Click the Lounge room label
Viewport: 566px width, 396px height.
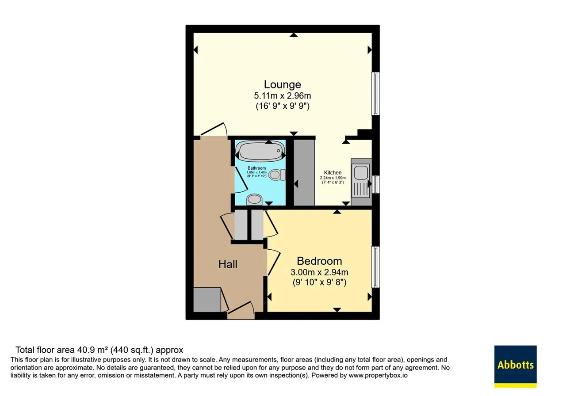tap(283, 84)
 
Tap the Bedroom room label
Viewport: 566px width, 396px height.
tap(319, 261)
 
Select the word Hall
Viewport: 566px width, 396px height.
tap(228, 264)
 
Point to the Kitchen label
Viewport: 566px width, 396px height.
tap(333, 172)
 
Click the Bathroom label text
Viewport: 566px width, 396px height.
tap(256, 168)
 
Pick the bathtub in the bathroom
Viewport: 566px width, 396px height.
tap(260, 151)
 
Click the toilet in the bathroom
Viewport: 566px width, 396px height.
tap(277, 175)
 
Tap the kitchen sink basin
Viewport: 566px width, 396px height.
tap(361, 172)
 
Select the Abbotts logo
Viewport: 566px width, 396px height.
tap(516, 366)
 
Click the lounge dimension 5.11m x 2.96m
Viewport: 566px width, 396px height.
tap(283, 96)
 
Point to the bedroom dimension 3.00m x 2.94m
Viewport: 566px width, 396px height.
tap(319, 272)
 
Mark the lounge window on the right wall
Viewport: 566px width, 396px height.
tap(376, 93)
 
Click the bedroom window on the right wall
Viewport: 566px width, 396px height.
tap(376, 267)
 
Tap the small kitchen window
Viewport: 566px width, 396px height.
tap(376, 184)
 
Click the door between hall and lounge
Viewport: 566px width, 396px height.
tap(214, 129)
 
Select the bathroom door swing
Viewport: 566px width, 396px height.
tap(241, 180)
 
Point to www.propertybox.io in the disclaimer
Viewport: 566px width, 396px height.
tap(378, 375)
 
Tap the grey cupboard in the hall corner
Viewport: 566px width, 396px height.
tap(207, 300)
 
